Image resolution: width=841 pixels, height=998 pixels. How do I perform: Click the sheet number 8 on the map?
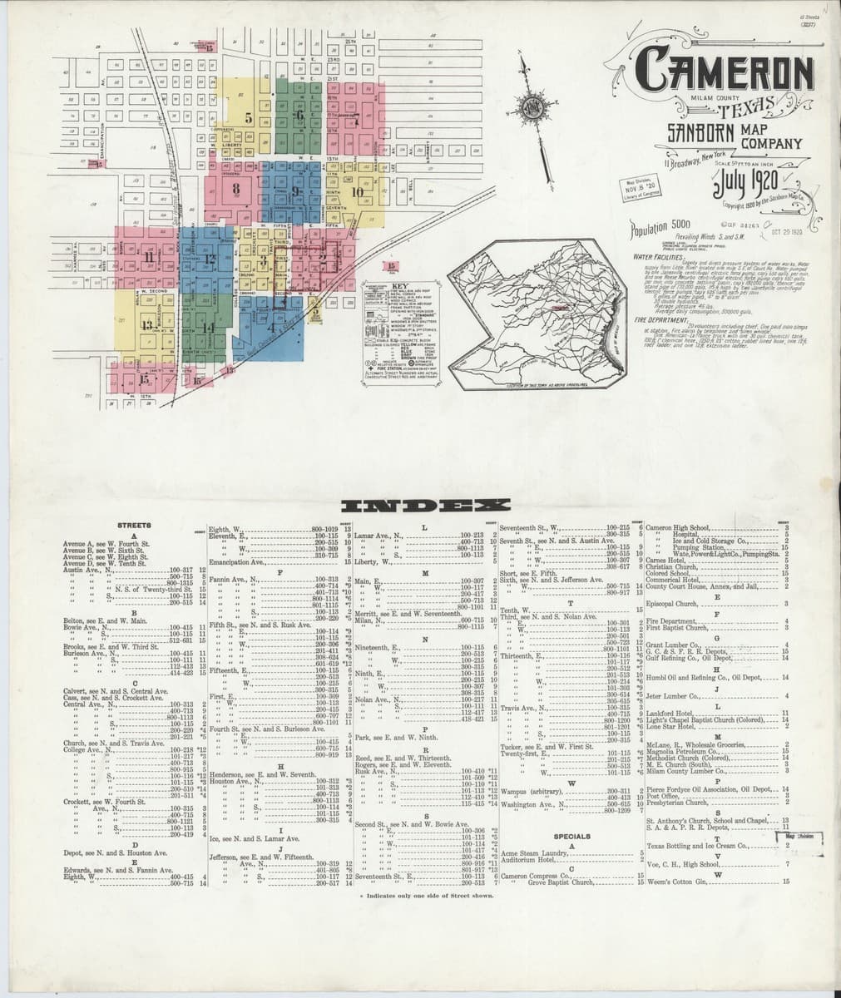237,190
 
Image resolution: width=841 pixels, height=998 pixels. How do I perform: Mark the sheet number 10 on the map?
358,191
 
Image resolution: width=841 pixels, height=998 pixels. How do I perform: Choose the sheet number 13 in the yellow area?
146,324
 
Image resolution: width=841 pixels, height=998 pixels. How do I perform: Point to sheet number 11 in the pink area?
149,257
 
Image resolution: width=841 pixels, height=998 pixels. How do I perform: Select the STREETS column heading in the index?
134,526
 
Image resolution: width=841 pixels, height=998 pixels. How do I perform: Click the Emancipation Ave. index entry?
237,563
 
